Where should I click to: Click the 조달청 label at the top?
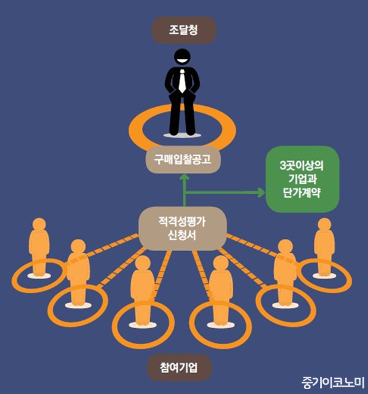point(184,30)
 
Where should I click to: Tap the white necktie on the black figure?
point(182,81)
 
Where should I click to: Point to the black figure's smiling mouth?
point(182,61)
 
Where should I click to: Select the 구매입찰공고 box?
point(183,159)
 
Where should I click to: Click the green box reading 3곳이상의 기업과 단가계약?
point(302,179)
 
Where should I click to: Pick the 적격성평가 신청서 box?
point(183,228)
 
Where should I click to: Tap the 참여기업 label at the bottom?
point(179,368)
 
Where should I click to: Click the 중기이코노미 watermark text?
point(333,382)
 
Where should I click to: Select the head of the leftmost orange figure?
point(39,224)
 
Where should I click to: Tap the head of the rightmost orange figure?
point(324,224)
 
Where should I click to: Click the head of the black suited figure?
point(182,57)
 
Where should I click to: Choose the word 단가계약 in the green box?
point(302,193)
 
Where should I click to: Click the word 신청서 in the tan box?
point(182,236)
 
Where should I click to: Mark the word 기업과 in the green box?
point(302,179)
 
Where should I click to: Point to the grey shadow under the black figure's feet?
point(182,135)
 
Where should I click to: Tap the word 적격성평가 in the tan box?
point(182,222)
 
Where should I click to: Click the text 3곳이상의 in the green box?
point(302,166)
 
